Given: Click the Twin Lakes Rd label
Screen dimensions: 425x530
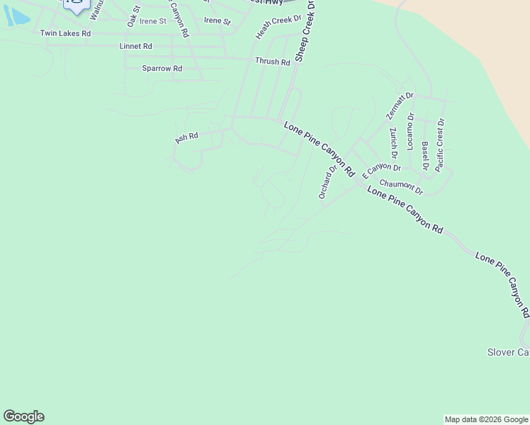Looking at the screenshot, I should [x=65, y=33].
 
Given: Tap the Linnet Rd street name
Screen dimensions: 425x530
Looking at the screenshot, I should [x=137, y=46].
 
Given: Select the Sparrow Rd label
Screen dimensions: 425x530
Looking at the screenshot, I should [x=162, y=69].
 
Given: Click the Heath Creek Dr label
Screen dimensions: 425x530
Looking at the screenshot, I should [x=278, y=26].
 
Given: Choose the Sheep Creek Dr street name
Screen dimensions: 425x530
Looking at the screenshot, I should [x=305, y=31].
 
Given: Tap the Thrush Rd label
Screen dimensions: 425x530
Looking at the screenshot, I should [x=273, y=62].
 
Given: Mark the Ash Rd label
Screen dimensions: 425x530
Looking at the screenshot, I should [x=186, y=137].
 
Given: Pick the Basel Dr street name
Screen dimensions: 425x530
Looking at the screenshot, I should [x=425, y=156].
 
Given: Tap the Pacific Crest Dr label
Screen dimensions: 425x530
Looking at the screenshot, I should [x=440, y=144].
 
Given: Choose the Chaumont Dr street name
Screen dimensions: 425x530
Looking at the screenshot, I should [x=401, y=187].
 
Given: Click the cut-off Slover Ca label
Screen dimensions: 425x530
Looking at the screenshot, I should [x=508, y=352].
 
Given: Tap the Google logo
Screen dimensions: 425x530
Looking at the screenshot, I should [x=23, y=416].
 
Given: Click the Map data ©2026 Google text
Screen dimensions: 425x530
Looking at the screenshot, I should [x=486, y=419].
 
